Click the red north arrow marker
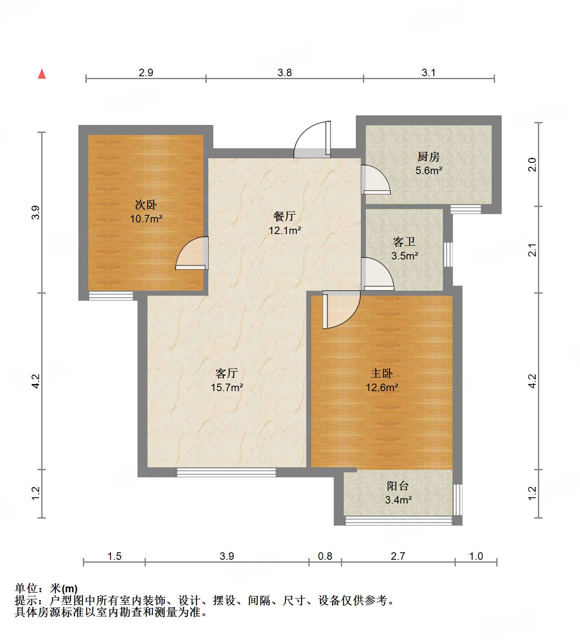click(x=42, y=74)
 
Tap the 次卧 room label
click(x=146, y=205)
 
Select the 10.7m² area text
click(x=146, y=218)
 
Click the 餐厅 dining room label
click(x=285, y=216)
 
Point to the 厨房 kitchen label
click(x=428, y=157)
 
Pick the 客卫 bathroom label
click(x=404, y=242)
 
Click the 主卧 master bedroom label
click(x=382, y=373)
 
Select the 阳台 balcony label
click(x=398, y=486)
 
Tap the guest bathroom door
click(x=377, y=275)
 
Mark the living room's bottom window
click(x=226, y=472)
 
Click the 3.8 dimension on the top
click(x=285, y=72)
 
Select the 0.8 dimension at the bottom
click(x=325, y=556)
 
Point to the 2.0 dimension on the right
click(x=532, y=165)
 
